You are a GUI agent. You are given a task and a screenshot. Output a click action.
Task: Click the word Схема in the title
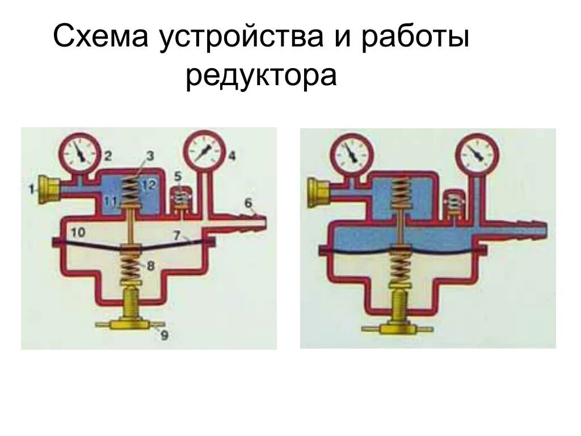pos(100,39)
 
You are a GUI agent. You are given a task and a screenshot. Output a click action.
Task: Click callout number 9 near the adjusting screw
pos(164,335)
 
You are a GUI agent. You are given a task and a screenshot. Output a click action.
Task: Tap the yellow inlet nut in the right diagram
pos(319,191)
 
